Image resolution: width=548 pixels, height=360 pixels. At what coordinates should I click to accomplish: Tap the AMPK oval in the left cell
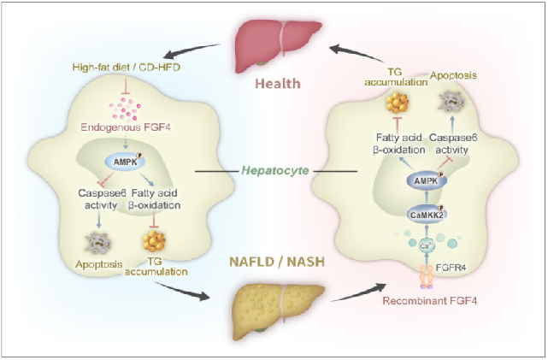click(x=123, y=160)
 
